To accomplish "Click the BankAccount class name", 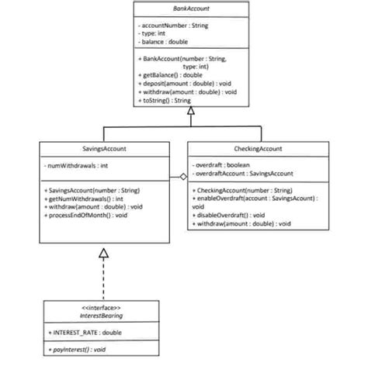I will tap(190, 9).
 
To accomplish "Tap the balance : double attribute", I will tap(163, 41).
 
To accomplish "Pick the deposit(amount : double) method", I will tap(179, 83).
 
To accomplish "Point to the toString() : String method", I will tap(164, 100).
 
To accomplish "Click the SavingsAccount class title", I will tap(104, 147).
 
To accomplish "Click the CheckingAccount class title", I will tap(258, 147).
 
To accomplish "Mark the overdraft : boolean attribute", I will tap(223, 165).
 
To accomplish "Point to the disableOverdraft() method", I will tap(228, 215).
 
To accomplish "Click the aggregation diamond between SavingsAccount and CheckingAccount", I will tap(183, 178).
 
